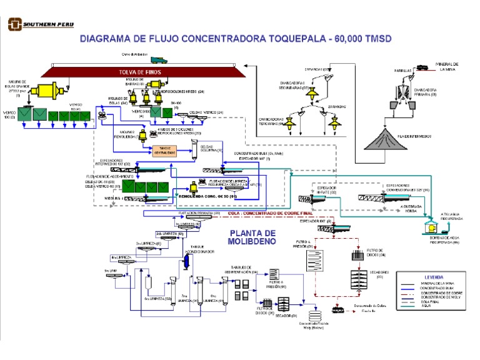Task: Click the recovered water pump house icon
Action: (x=430, y=227)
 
